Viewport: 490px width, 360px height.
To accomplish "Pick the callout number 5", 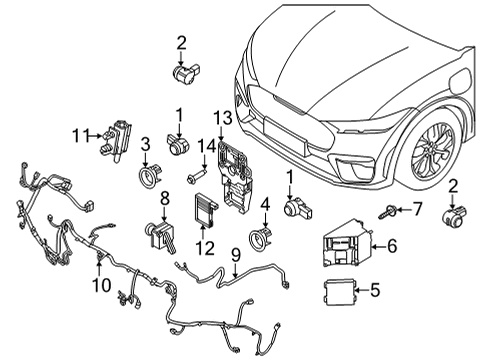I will click(x=375, y=291).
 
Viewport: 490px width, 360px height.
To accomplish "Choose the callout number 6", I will click(x=391, y=243).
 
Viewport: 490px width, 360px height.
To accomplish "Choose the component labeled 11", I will click(x=114, y=136).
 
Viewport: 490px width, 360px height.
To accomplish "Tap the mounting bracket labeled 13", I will click(x=238, y=180).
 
